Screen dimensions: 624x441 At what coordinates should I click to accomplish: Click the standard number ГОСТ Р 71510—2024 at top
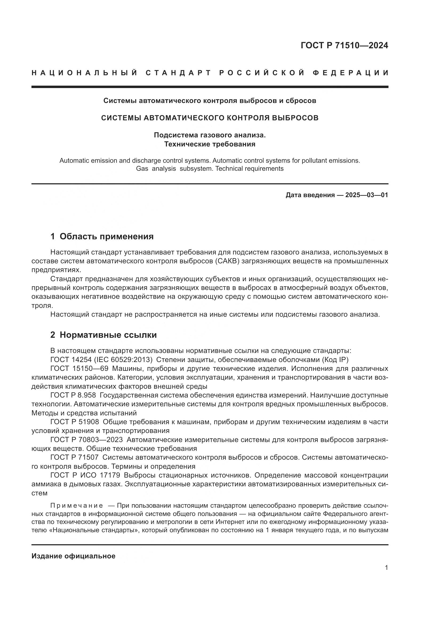click(344, 45)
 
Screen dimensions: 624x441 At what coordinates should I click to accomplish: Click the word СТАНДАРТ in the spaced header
click(178, 73)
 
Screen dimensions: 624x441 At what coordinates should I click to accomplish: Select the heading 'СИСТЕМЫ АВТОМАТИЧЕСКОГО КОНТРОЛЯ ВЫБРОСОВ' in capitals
click(210, 118)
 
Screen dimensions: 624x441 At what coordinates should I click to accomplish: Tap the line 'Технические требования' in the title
click(210, 144)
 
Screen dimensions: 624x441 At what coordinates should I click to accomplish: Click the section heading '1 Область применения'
click(102, 236)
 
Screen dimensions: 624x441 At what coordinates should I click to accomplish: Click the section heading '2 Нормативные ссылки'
click(103, 335)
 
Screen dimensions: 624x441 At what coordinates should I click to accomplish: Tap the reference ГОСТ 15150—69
click(79, 369)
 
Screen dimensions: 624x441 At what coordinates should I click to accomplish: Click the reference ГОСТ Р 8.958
click(73, 395)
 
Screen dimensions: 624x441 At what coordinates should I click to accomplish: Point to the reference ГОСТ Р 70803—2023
click(86, 440)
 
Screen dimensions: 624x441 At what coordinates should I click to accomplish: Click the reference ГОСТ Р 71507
click(74, 458)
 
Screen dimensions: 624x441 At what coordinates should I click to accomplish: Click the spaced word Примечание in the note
click(77, 506)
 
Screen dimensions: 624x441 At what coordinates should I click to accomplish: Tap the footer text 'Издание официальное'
click(73, 556)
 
